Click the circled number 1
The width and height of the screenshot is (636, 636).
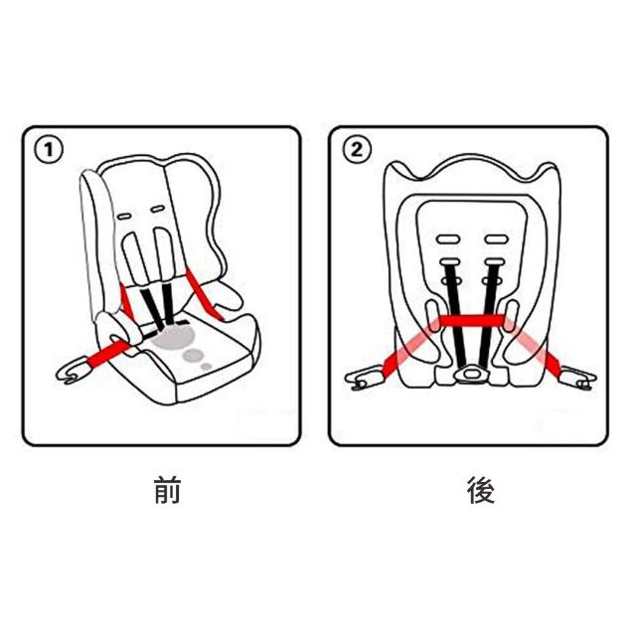click(x=49, y=150)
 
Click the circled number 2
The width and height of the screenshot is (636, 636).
click(x=357, y=150)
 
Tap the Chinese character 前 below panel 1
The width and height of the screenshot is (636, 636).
click(x=167, y=490)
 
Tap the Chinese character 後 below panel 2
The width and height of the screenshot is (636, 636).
click(x=481, y=490)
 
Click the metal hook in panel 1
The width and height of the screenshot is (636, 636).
click(x=71, y=371)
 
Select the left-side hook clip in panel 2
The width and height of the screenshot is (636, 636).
click(x=364, y=379)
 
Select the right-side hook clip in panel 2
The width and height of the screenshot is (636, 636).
click(x=578, y=379)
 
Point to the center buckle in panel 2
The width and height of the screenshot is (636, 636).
click(x=471, y=373)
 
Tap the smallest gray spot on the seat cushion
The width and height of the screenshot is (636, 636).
click(x=207, y=367)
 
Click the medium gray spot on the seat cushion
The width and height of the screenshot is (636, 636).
click(x=193, y=355)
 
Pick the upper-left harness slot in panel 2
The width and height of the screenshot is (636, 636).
click(x=448, y=238)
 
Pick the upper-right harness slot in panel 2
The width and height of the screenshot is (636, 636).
click(x=497, y=238)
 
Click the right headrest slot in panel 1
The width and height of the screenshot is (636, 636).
click(x=157, y=210)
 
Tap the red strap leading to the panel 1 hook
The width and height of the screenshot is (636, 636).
click(x=108, y=354)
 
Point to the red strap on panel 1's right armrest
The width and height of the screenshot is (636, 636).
click(x=204, y=295)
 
